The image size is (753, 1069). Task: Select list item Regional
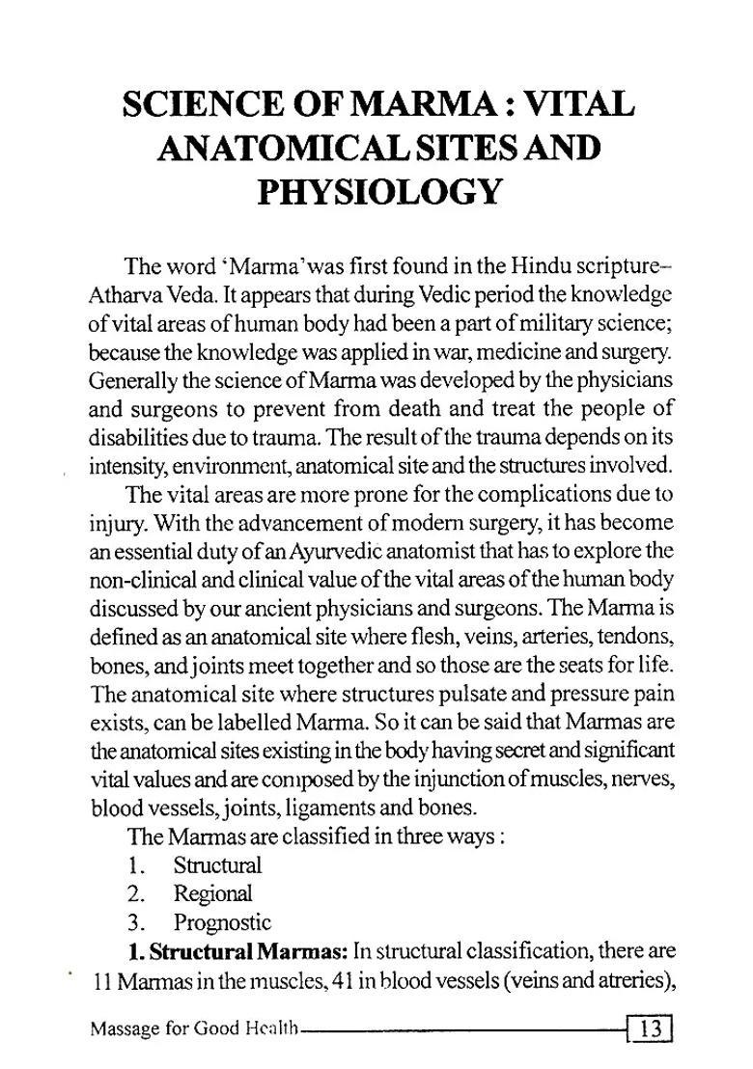(x=212, y=893)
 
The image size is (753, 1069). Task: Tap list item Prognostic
(x=222, y=921)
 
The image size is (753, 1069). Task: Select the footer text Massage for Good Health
(x=193, y=1029)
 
